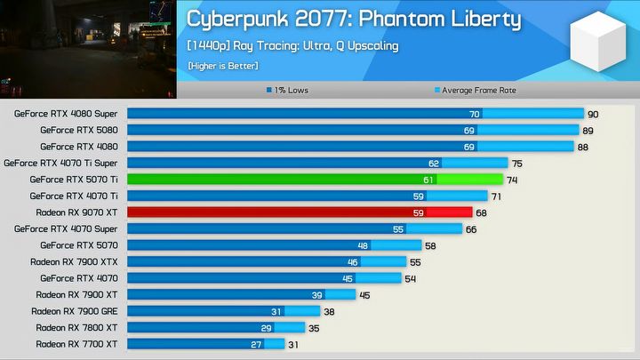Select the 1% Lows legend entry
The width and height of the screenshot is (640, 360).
(x=289, y=90)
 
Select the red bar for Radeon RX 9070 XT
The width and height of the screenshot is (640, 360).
(x=299, y=212)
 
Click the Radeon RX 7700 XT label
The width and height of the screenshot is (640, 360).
(x=76, y=343)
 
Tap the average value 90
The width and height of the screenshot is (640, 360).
(x=593, y=114)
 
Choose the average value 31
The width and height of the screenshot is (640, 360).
(x=293, y=343)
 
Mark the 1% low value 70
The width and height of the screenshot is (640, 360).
(x=475, y=114)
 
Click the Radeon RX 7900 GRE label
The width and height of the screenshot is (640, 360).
(x=75, y=311)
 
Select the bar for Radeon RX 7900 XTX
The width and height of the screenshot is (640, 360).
(x=267, y=261)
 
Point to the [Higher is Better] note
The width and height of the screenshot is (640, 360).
(x=222, y=65)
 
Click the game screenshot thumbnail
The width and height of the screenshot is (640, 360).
(x=88, y=49)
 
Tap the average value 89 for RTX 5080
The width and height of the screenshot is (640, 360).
(x=588, y=131)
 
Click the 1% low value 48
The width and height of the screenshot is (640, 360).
(x=363, y=245)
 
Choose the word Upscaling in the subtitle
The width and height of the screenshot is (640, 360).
(x=374, y=46)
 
